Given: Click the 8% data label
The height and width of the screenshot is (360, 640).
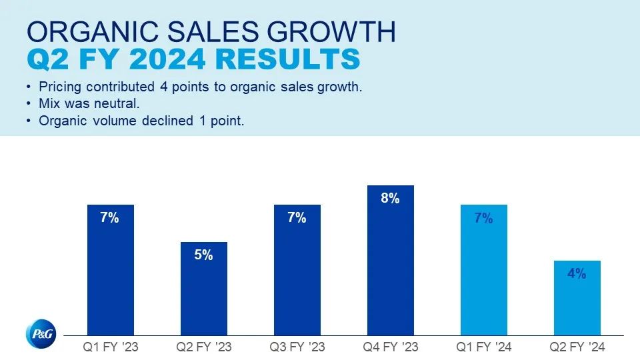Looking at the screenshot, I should [391, 198].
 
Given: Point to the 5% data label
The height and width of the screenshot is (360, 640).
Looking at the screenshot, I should [204, 255].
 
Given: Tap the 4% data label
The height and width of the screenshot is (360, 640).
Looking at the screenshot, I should [577, 273].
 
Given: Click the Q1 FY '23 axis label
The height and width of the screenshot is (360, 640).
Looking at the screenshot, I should [111, 347].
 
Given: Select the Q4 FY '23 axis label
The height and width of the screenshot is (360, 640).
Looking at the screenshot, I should [391, 347].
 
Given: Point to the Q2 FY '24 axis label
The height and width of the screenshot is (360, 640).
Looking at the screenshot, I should [577, 347].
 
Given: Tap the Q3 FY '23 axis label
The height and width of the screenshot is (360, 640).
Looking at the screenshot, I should [297, 347].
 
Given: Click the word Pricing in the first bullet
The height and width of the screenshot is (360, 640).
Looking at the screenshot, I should [61, 88].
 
